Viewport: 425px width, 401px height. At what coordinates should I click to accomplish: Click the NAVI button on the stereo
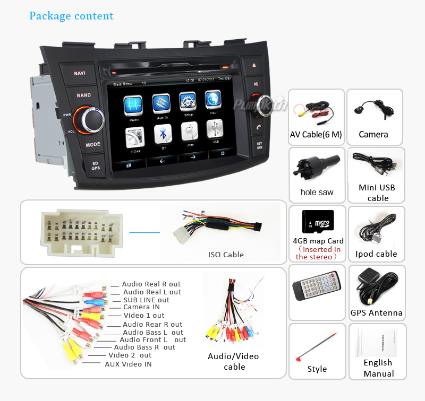click(80, 73)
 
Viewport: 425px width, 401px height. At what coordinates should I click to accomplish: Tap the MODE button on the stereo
click(93, 144)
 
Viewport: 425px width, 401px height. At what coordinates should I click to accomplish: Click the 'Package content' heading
click(71, 16)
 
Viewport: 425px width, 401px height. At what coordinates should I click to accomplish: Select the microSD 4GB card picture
click(318, 223)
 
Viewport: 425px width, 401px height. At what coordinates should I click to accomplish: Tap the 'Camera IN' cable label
click(141, 307)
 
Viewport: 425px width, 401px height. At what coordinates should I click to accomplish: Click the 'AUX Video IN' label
click(128, 364)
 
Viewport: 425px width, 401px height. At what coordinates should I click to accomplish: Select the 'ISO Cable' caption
click(226, 255)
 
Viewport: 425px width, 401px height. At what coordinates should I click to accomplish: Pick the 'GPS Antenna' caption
click(376, 313)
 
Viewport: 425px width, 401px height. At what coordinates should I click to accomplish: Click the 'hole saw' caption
click(317, 192)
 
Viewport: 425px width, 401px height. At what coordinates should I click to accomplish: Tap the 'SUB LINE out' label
click(146, 300)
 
